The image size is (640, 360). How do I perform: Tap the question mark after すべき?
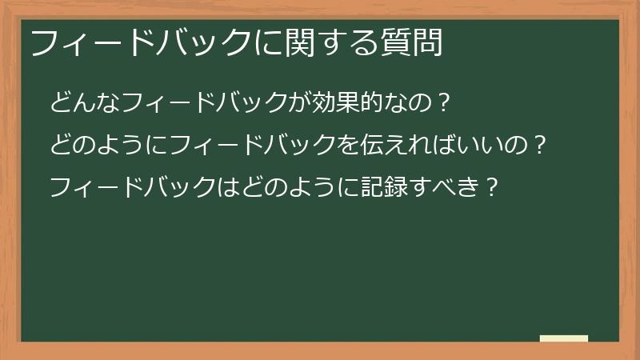(493, 189)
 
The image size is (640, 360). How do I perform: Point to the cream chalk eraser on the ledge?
(564, 339)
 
